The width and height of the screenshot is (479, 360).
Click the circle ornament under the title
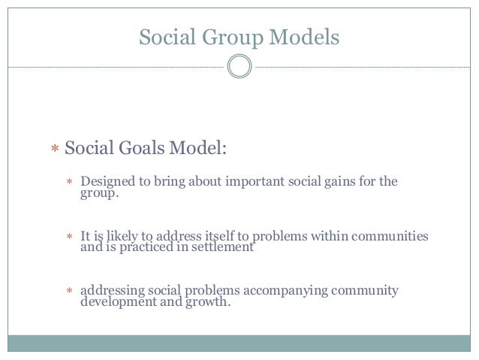click(239, 67)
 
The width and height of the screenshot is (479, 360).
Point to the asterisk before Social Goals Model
click(54, 150)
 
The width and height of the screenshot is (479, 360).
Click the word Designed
click(107, 182)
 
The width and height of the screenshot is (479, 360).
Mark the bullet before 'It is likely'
click(69, 237)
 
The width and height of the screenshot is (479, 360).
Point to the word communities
click(390, 237)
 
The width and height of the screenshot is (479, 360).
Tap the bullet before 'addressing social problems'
click(69, 292)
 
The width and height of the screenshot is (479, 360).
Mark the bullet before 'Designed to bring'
click(69, 183)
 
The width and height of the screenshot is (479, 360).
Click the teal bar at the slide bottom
click(239, 343)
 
